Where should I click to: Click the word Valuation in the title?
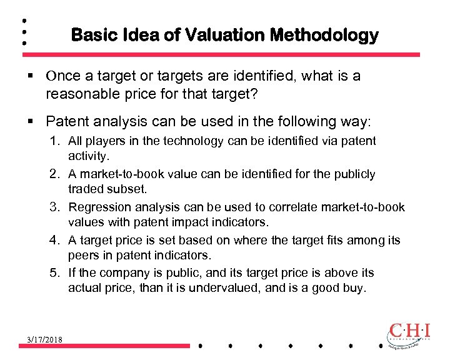231,35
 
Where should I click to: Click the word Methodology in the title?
324,35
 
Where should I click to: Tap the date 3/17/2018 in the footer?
44,339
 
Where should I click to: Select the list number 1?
56,141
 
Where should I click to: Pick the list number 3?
56,207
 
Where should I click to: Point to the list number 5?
56,272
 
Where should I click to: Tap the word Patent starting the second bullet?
66,120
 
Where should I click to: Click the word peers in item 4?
84,256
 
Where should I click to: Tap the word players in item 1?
102,141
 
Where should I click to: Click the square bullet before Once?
30,76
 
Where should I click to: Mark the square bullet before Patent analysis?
30,120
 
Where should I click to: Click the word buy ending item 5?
356,289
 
